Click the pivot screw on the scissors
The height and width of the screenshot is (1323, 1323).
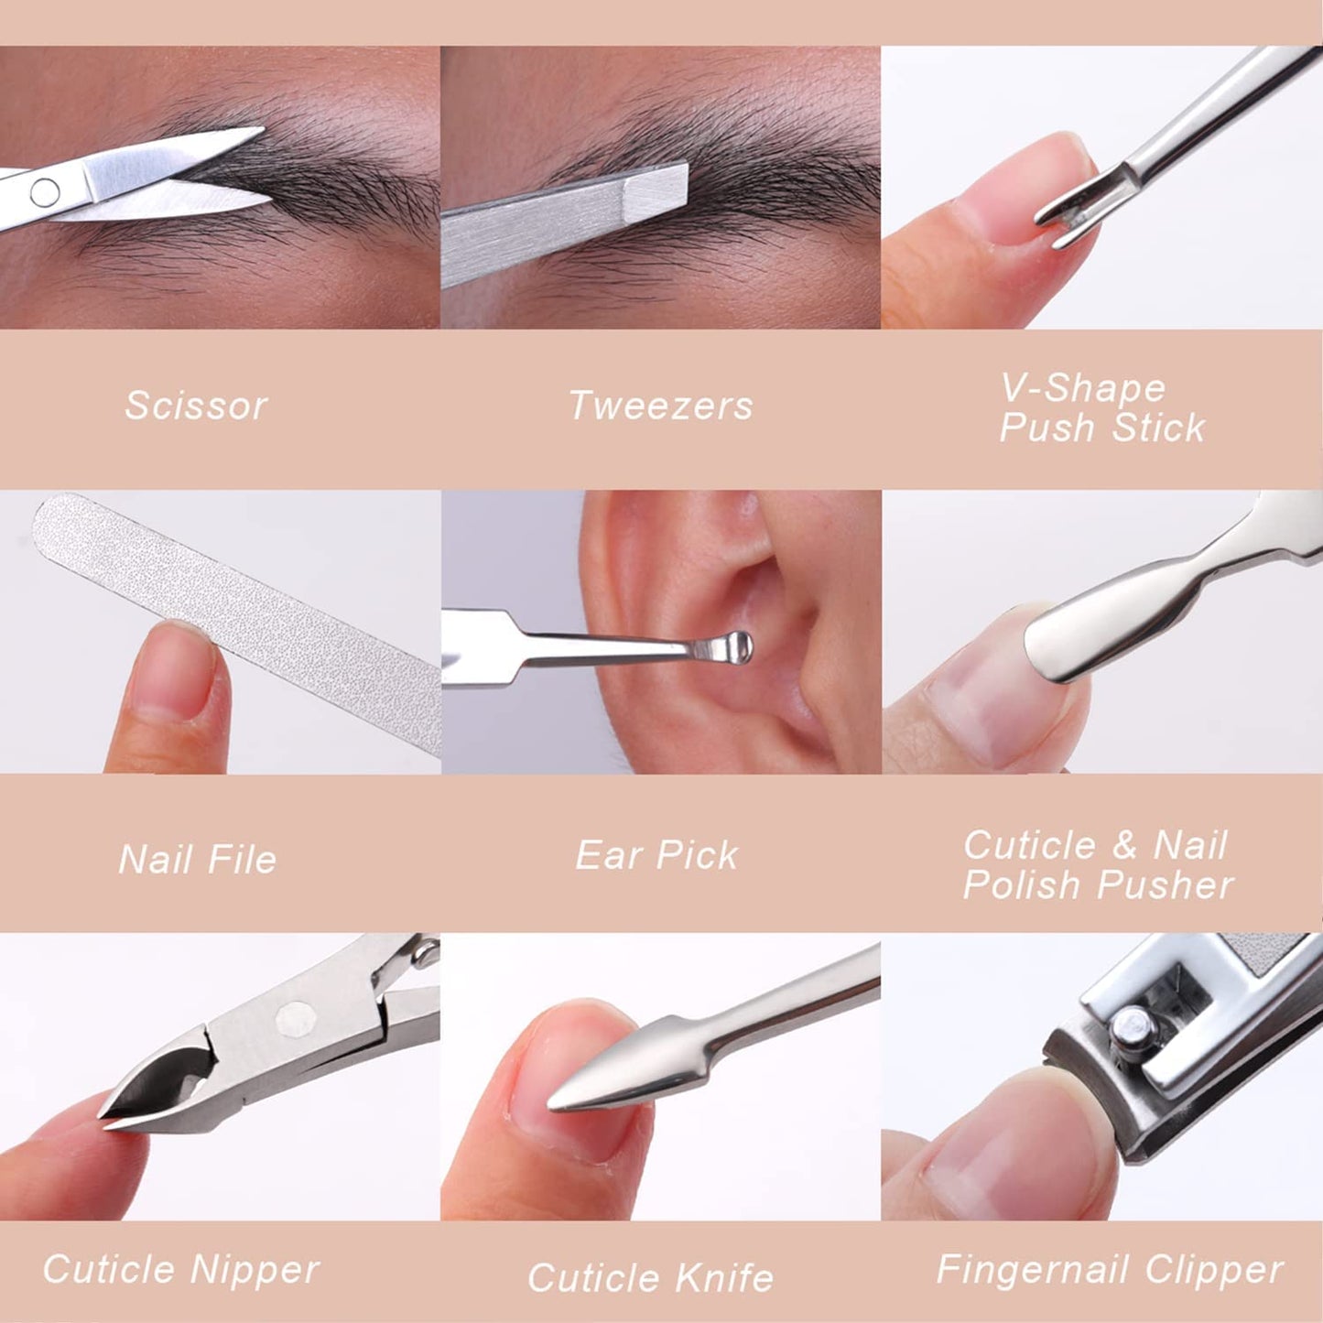point(45,193)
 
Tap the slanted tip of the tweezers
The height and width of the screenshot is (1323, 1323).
point(657,189)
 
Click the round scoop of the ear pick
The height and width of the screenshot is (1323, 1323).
point(735,648)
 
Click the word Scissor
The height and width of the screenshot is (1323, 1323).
point(196,405)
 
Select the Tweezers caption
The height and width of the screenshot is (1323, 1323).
point(661,405)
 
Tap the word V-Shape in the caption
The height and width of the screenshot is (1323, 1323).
point(1083,388)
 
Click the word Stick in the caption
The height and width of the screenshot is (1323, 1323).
point(1158,428)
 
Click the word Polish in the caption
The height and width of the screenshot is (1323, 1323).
point(1022,884)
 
